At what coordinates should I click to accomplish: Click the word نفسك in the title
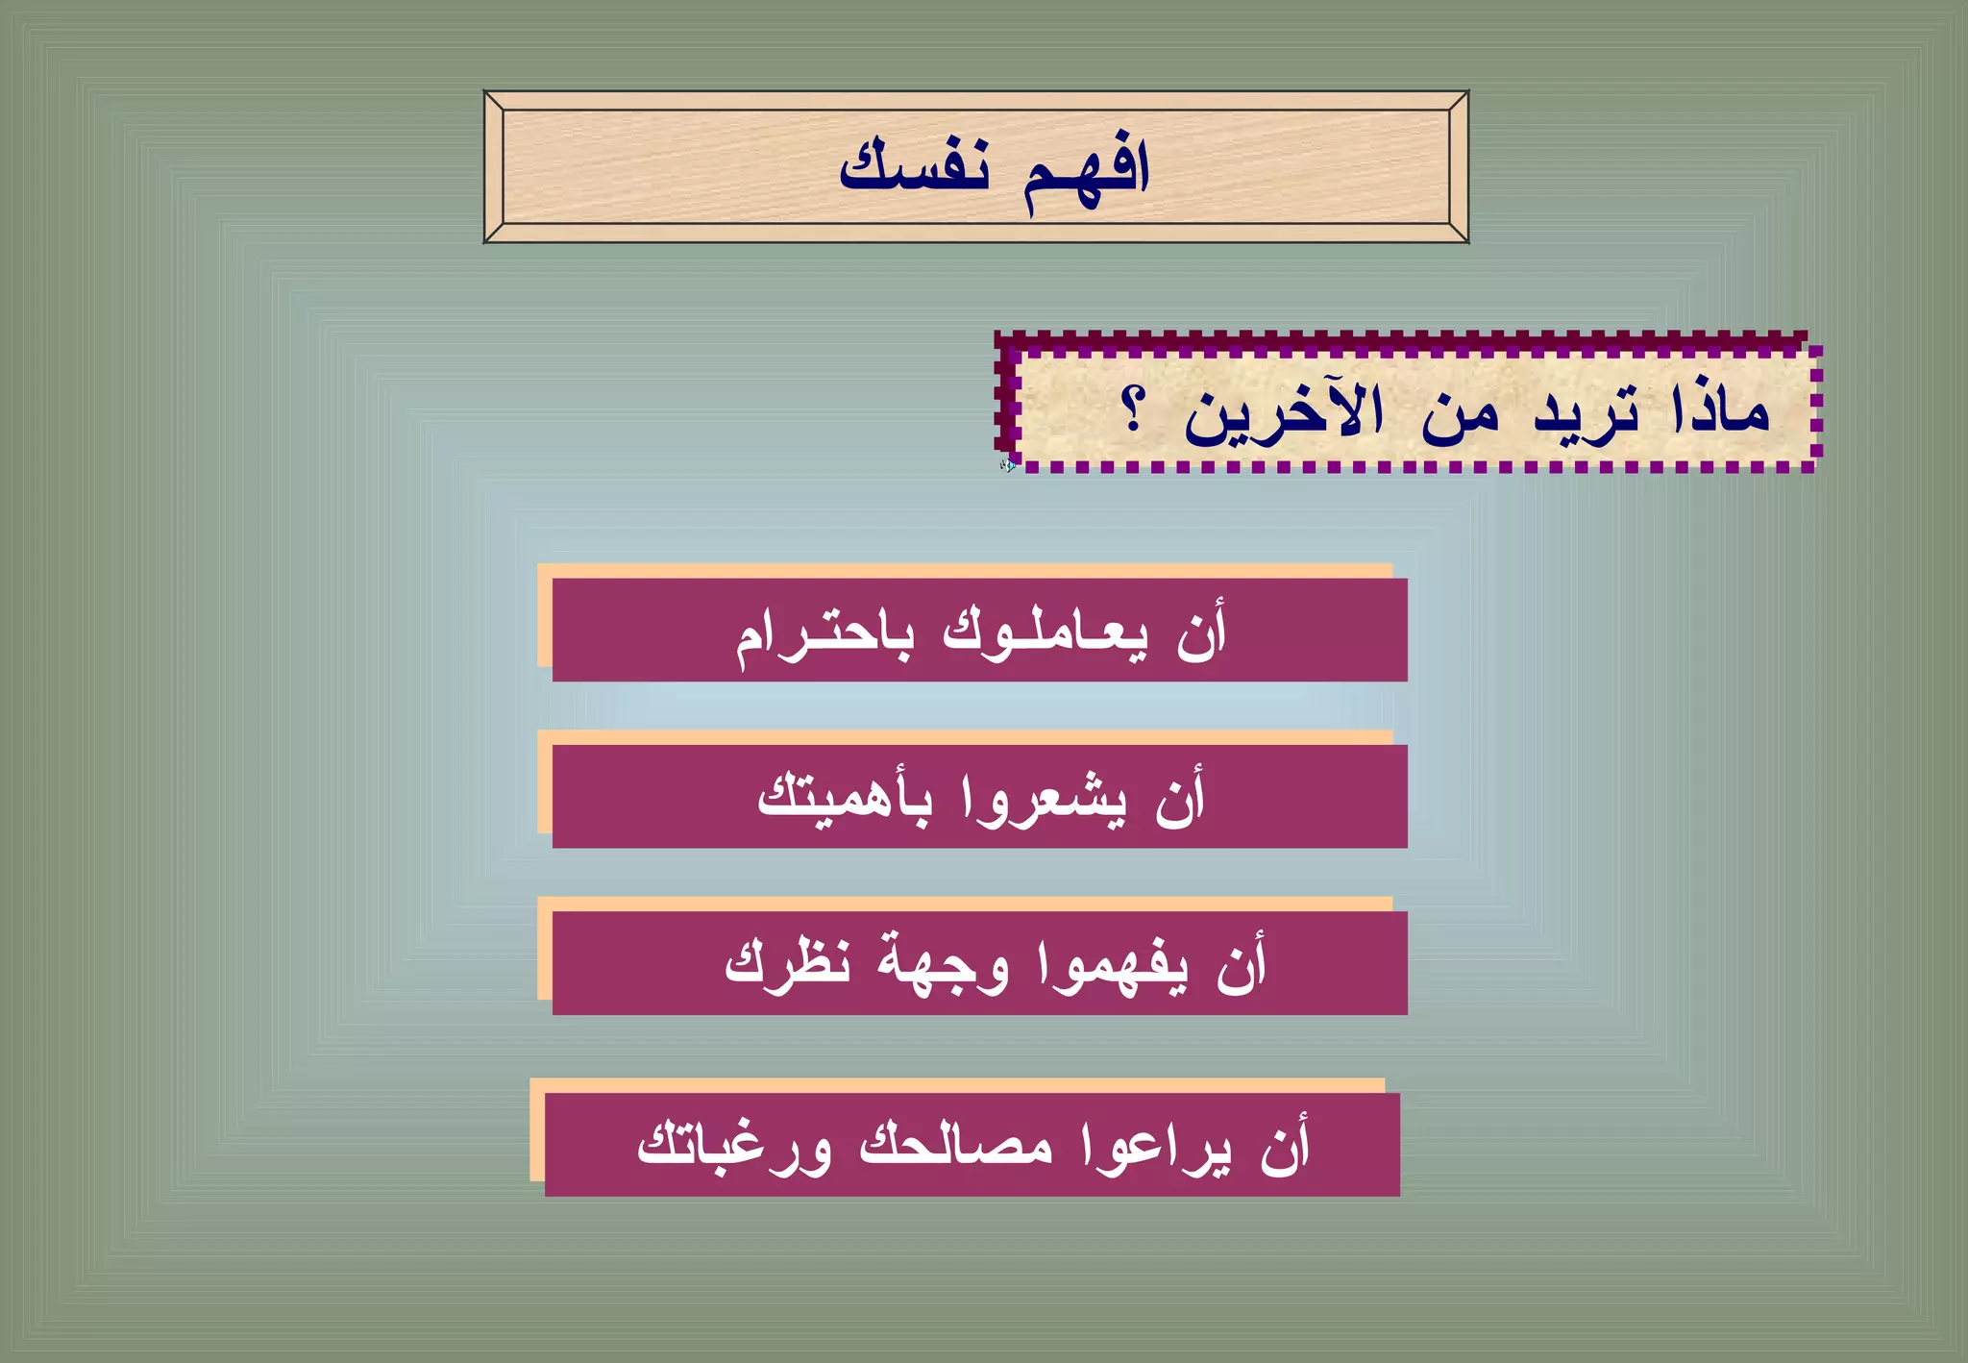click(914, 166)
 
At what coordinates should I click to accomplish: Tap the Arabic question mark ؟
click(1134, 409)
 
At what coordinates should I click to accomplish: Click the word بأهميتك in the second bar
click(845, 798)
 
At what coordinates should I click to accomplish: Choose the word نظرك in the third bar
click(788, 962)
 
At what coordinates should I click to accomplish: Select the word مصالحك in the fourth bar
click(956, 1144)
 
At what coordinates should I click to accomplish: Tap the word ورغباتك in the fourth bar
click(734, 1146)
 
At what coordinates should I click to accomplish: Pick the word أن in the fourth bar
click(1285, 1144)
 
